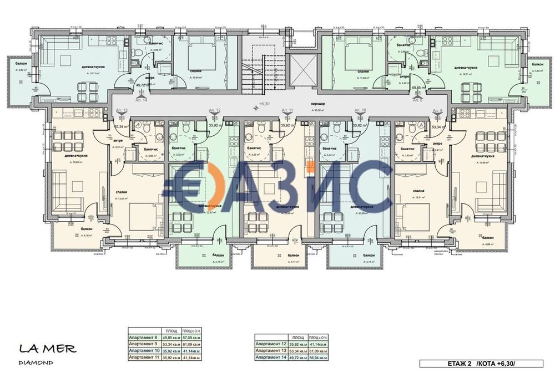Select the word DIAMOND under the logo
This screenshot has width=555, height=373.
[36, 362]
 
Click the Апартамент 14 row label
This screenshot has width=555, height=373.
[271, 358]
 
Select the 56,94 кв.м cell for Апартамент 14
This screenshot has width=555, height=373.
[320, 358]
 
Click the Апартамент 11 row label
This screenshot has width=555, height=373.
[143, 358]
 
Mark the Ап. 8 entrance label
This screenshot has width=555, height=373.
[417, 101]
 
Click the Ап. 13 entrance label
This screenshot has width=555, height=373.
[122, 111]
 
